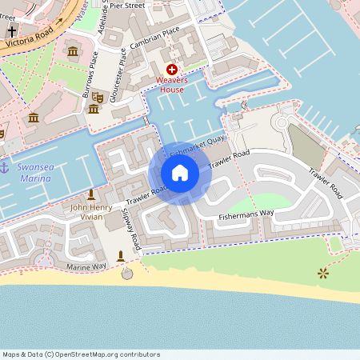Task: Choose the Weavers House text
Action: (x=172, y=85)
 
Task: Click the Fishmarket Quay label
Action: (x=196, y=146)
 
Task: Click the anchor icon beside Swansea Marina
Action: (x=4, y=167)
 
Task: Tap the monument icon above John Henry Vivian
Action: (x=90, y=194)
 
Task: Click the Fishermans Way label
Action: (x=247, y=212)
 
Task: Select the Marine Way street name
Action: (x=86, y=266)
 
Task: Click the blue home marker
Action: (x=180, y=173)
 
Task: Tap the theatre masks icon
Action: (x=98, y=97)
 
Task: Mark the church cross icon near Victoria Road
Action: (x=12, y=34)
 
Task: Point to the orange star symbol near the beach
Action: (x=323, y=274)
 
